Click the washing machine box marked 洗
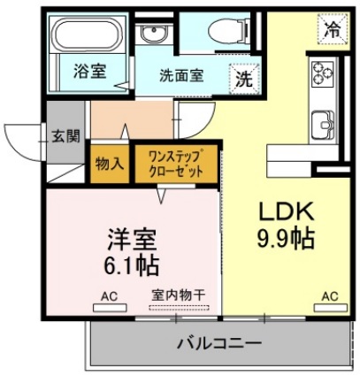pyautogui.click(x=241, y=78)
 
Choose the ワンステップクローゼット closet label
pyautogui.click(x=175, y=163)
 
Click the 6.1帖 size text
pyautogui.click(x=132, y=264)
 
